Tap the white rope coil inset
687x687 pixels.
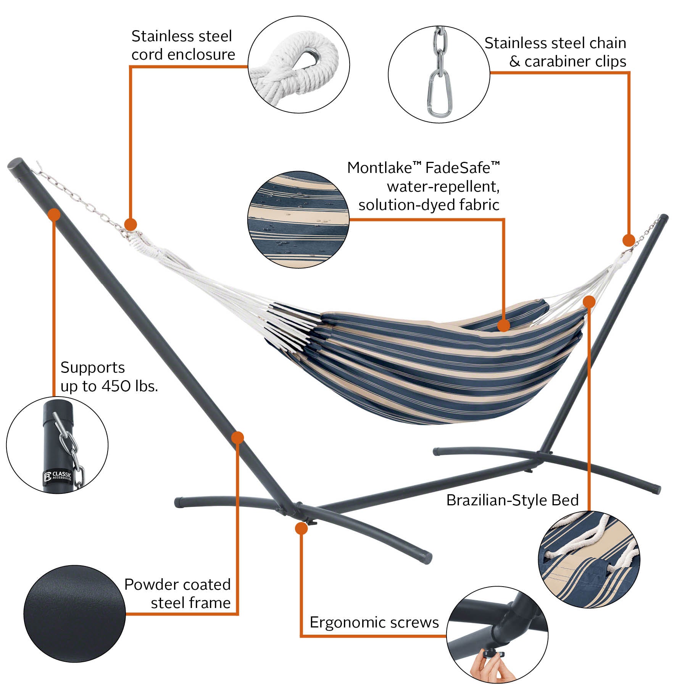pos(299,65)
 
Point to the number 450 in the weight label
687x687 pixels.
pos(116,386)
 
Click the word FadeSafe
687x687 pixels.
pos(458,168)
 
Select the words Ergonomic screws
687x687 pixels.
pos(374,622)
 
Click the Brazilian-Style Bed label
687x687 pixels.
pos(512,500)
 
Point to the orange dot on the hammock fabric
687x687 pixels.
pos(504,326)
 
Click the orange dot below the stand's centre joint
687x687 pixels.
pos(301,529)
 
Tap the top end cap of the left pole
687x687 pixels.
pos(15,165)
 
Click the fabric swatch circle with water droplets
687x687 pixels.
pos(298,219)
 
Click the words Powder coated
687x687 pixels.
pos(177,584)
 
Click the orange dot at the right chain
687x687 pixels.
pos(629,240)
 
